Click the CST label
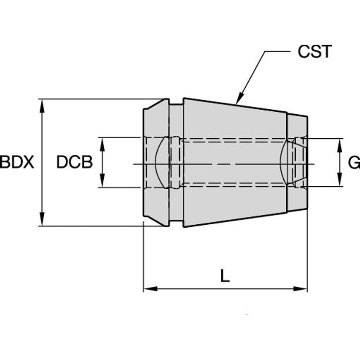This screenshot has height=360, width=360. (314, 52)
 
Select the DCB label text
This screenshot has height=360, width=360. (75, 162)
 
